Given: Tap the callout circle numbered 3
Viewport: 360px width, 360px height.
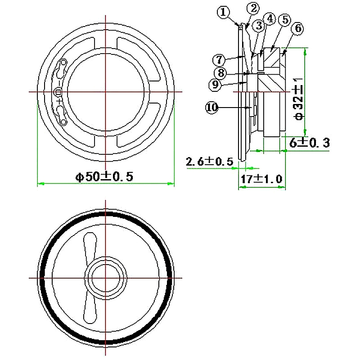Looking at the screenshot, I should click(x=258, y=26).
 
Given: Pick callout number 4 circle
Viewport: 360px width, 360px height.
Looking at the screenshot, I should click(x=270, y=18).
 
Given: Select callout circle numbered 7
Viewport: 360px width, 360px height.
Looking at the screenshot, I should click(x=219, y=59).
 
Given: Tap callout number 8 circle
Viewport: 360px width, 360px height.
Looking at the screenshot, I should click(x=219, y=72).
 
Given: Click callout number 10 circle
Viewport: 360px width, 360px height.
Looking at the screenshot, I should click(x=212, y=107).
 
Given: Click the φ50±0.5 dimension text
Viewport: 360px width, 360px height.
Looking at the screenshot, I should click(x=104, y=176).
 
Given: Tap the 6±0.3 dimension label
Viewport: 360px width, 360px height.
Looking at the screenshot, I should click(x=310, y=143).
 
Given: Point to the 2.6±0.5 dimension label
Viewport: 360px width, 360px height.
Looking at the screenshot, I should click(x=209, y=161).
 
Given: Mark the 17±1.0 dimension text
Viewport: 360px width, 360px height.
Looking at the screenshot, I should click(x=261, y=179).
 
